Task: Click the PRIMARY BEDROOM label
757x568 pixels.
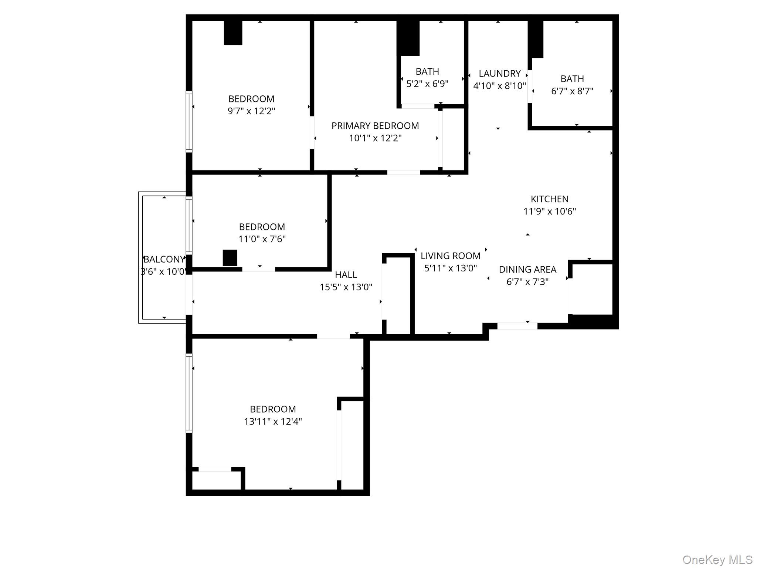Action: (x=375, y=126)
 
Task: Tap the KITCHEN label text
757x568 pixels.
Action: (x=549, y=199)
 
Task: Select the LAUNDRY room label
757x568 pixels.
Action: (x=499, y=74)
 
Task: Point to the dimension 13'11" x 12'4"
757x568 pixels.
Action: (x=273, y=422)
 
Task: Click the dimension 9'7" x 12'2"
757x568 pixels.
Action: (x=251, y=111)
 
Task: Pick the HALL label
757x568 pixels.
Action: (x=346, y=275)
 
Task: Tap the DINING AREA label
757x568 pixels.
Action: (x=527, y=270)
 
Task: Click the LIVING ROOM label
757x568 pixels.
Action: (x=450, y=256)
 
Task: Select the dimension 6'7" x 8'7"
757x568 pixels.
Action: (x=572, y=91)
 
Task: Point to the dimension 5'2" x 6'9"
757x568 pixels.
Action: (x=427, y=84)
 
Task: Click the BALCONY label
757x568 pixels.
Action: (x=164, y=259)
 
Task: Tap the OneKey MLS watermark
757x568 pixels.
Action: (x=717, y=559)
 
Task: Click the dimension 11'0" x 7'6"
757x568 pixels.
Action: (x=262, y=239)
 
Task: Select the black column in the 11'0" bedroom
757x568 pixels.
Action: (x=230, y=258)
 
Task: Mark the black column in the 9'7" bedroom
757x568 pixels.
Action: (x=233, y=33)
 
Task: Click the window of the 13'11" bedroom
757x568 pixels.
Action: (x=189, y=393)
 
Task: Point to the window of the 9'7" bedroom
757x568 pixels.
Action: (x=189, y=122)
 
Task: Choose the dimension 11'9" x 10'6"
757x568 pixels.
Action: (x=549, y=212)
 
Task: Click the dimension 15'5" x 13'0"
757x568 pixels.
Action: (x=346, y=287)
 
